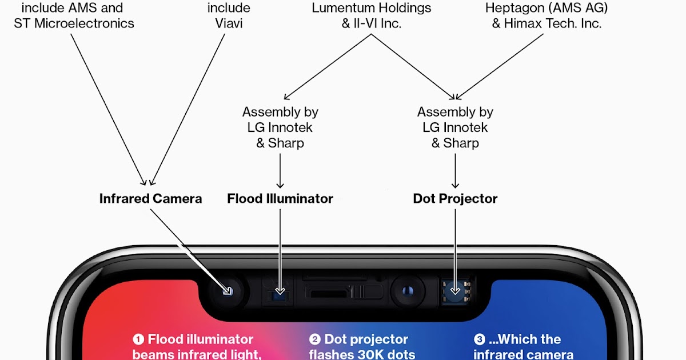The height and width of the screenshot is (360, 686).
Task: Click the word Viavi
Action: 228,23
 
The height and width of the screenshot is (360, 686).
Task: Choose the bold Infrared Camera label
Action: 150,199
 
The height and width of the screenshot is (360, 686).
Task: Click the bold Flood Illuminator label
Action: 280,199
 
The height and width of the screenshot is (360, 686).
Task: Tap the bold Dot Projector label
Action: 455,199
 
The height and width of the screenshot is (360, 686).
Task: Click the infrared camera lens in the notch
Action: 228,291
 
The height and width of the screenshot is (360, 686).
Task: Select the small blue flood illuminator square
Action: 280,293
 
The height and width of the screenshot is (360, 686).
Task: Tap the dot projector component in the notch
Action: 455,291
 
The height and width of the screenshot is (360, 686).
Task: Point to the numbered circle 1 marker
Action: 138,339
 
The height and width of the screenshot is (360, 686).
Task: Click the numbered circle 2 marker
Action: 314,339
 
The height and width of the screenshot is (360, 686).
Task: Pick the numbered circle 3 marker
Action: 479,339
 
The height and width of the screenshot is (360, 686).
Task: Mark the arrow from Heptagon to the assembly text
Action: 501,66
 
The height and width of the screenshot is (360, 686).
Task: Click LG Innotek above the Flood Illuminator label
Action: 280,127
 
